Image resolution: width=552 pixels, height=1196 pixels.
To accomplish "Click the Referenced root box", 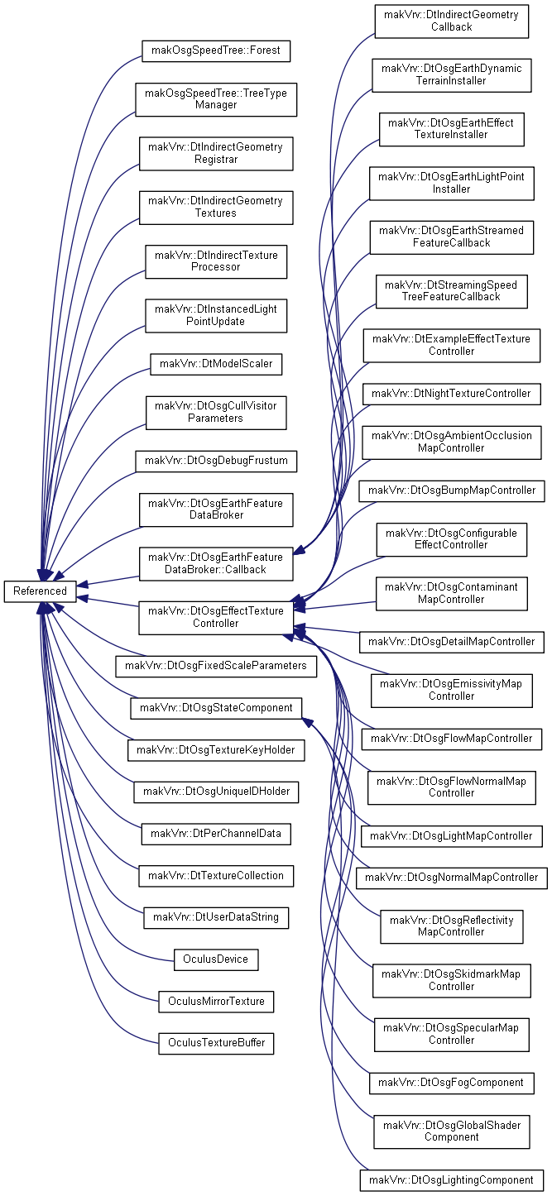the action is point(40,591).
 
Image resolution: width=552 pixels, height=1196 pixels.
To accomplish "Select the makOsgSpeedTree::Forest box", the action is point(216,50).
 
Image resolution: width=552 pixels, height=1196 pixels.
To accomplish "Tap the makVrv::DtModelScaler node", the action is point(216,364).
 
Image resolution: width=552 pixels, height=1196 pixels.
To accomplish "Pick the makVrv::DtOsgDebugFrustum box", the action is point(216,461).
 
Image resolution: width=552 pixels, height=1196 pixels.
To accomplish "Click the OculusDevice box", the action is point(216,959).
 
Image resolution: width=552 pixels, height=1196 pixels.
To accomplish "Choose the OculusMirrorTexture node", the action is point(216,1001).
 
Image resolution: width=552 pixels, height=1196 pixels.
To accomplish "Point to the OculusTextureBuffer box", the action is point(216,1043).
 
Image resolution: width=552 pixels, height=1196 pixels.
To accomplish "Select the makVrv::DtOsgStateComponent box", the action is point(216,708).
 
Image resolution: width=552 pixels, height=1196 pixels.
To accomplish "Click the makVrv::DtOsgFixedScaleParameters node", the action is point(216,666).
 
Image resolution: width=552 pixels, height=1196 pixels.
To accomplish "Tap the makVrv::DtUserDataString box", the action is point(216,917).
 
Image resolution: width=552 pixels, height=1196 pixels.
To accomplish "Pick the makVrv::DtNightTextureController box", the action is point(452,394).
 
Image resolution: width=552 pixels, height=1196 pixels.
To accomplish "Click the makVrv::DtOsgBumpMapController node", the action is point(452,490).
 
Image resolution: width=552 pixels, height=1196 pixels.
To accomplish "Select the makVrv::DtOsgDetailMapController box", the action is point(452,642).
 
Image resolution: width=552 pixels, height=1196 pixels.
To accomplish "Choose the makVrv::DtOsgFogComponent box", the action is point(452,1083).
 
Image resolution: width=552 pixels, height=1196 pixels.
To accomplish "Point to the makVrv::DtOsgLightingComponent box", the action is point(452,1180).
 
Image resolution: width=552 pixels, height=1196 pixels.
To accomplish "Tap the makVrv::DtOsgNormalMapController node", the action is point(452,878).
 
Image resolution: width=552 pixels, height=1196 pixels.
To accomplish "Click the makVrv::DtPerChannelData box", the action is point(216,834).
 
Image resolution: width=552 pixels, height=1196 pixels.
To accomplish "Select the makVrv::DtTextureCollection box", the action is point(216,876).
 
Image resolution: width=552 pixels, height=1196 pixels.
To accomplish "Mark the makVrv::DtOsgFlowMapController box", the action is point(452,739).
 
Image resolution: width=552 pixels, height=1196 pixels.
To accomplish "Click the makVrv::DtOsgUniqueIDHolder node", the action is point(216,792).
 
